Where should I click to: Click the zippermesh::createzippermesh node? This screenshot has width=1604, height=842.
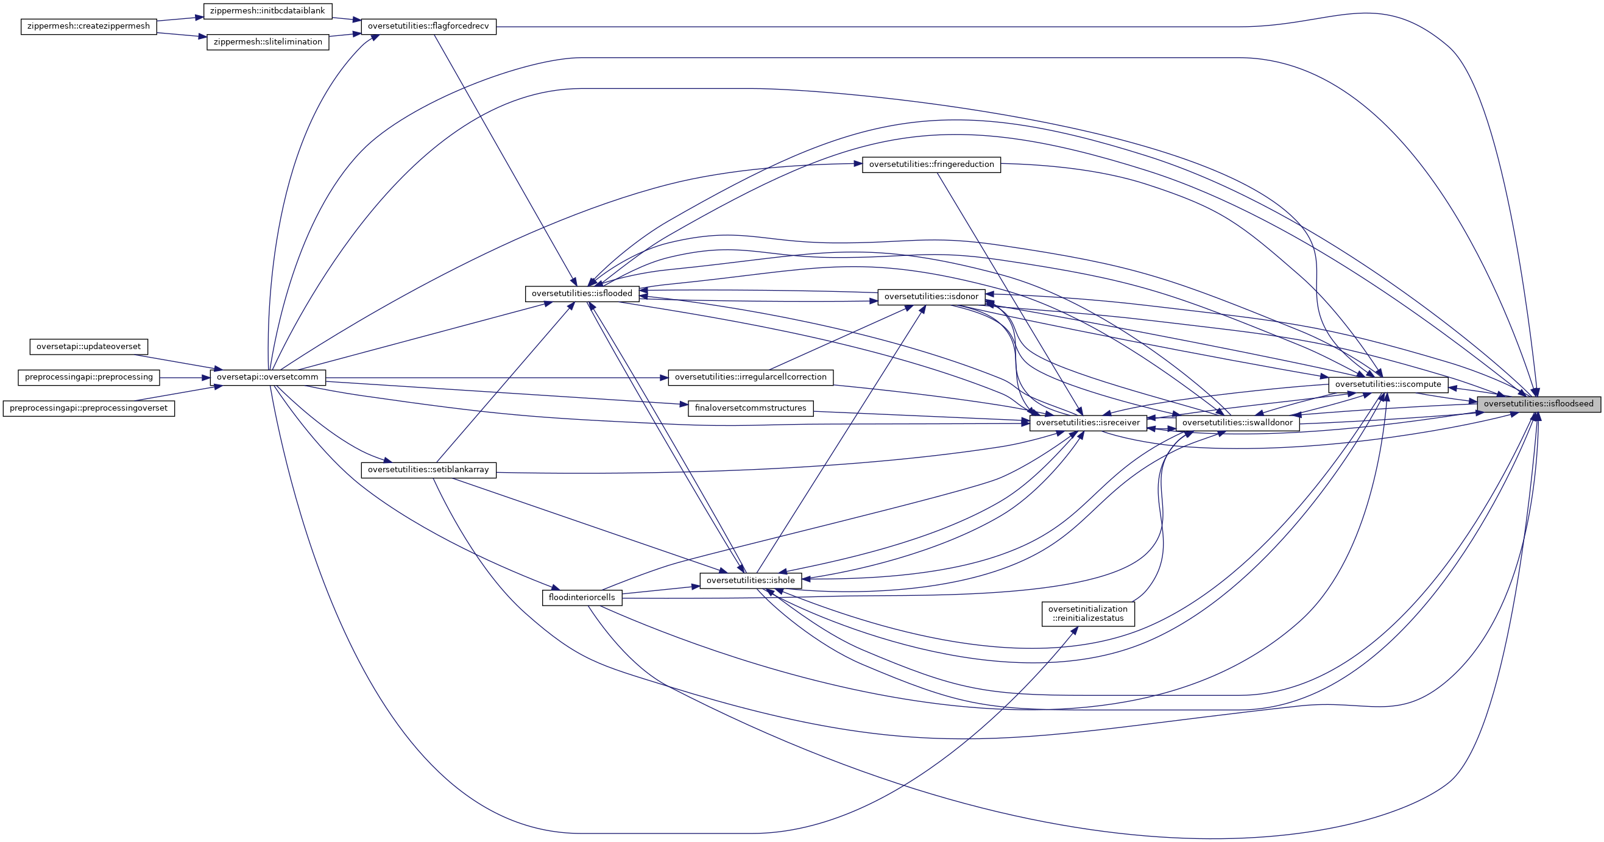[88, 27]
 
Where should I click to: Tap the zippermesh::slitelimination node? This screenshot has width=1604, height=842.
[268, 41]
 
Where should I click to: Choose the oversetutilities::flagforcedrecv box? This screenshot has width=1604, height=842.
[428, 27]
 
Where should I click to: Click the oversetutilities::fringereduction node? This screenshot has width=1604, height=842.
[931, 165]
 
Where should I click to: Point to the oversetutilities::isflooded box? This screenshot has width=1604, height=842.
[582, 293]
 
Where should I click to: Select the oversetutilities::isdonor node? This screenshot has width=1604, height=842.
[931, 297]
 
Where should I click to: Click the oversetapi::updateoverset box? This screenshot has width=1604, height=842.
[88, 346]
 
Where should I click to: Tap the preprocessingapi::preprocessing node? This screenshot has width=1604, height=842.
[88, 377]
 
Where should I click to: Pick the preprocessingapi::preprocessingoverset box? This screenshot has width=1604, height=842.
[88, 408]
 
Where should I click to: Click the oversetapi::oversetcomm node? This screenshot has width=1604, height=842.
[268, 377]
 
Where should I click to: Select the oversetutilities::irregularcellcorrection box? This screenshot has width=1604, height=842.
[751, 377]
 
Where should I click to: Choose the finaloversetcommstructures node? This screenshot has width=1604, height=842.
[751, 408]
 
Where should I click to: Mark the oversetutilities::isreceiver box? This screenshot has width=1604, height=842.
[1088, 423]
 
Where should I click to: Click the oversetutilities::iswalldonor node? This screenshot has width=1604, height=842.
[1237, 423]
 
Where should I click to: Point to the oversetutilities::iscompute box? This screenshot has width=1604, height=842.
[1388, 384]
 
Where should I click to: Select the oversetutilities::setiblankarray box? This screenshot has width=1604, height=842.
[428, 470]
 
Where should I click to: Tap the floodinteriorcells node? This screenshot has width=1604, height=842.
[582, 597]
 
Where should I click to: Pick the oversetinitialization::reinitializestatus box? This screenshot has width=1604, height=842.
[1088, 614]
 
